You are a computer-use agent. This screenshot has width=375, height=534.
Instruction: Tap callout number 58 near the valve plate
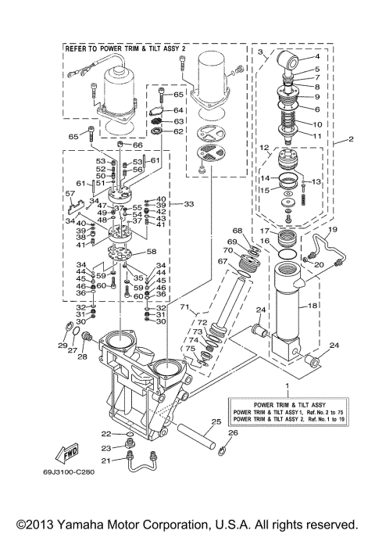pyautogui.click(x=152, y=252)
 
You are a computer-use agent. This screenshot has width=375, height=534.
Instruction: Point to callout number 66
pyautogui.click(x=137, y=145)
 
